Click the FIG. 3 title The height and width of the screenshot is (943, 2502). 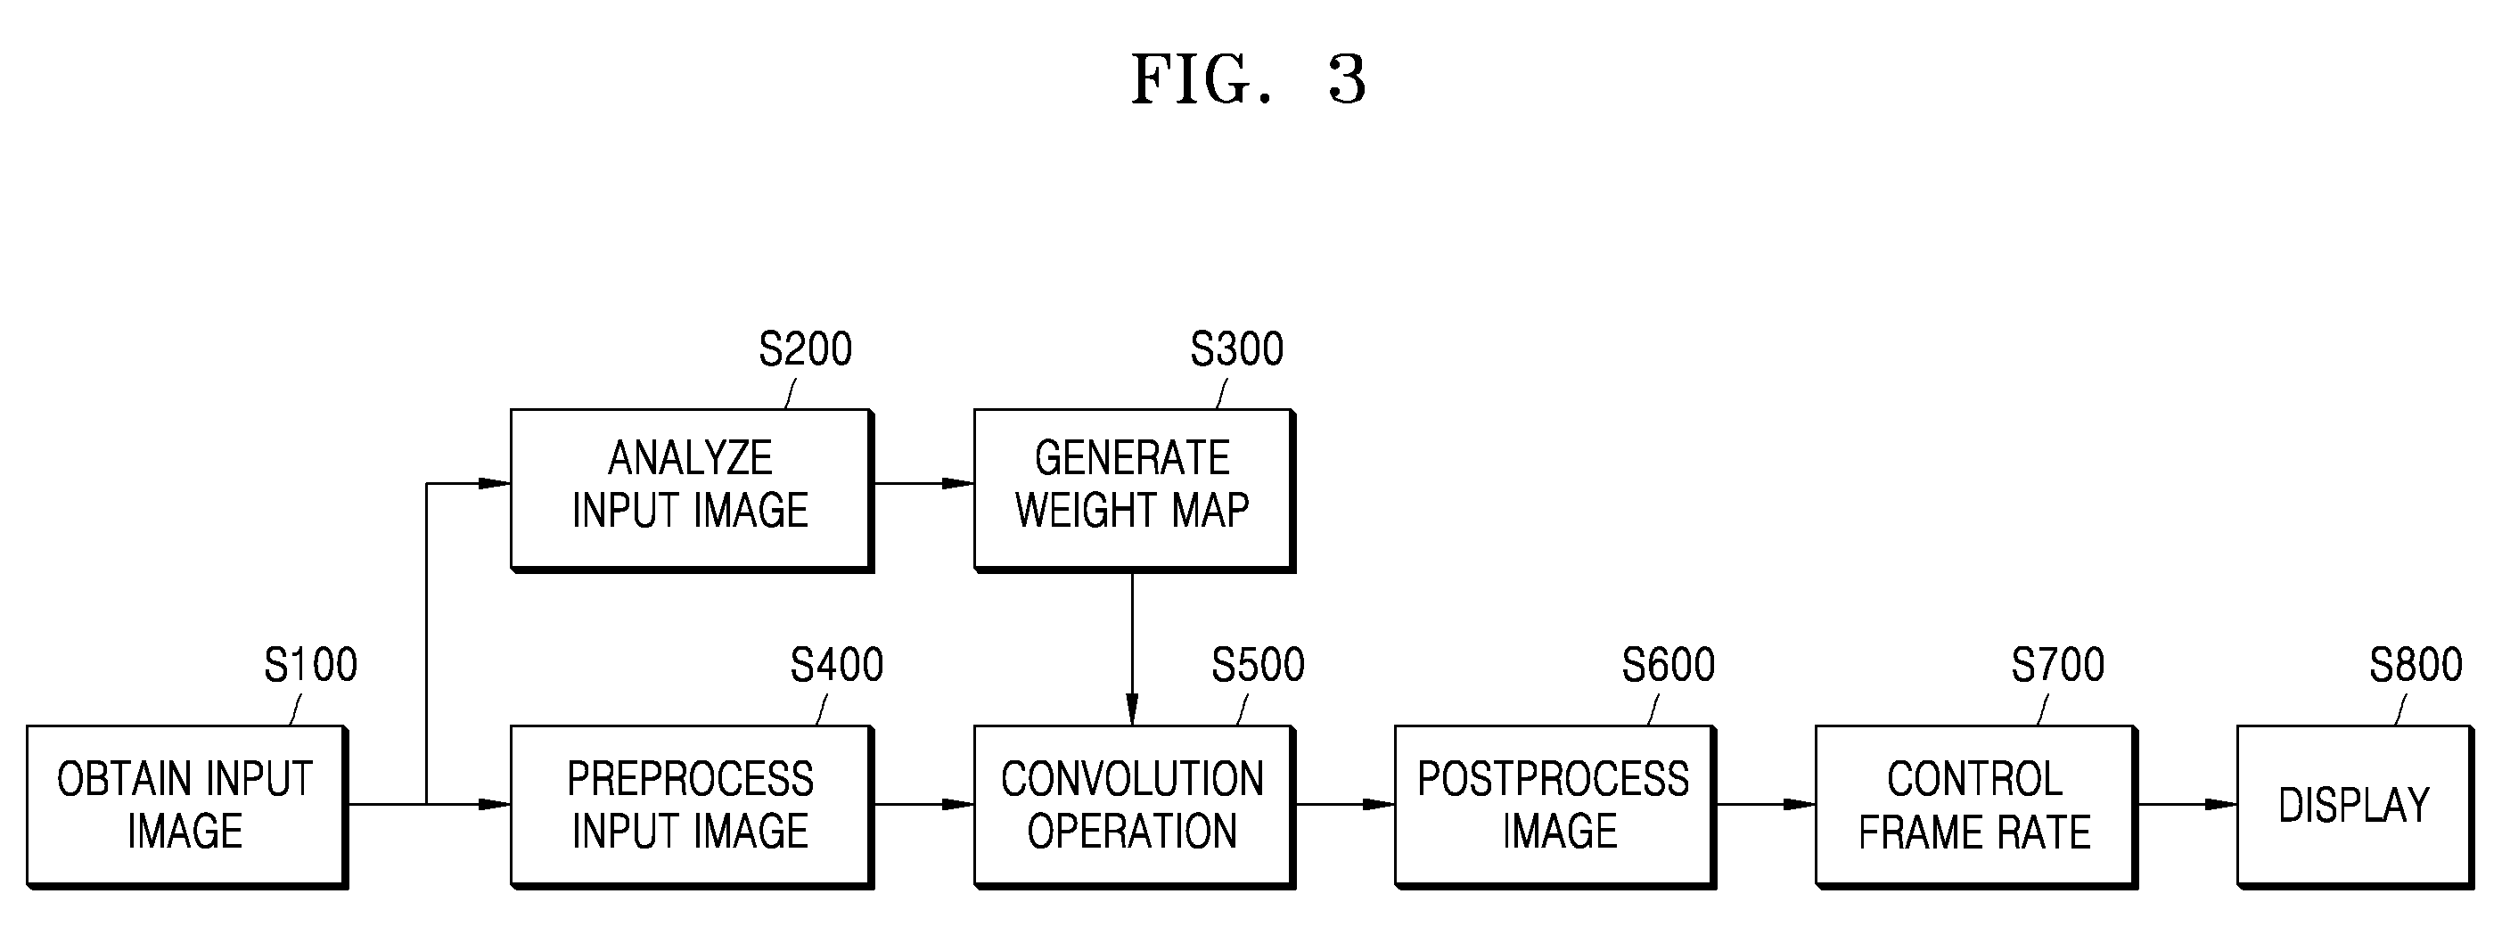coord(1249,78)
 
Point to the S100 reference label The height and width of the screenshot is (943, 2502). coord(311,665)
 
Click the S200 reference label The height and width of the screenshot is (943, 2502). coord(805,348)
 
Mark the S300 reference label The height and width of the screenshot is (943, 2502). coord(1237,348)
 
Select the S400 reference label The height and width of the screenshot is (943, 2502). coord(837,665)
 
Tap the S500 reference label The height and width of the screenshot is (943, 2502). coord(1258,665)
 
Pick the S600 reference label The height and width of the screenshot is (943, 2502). coord(1669,665)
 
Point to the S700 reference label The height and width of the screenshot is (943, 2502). coord(2058,665)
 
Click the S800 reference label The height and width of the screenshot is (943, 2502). coord(2416,665)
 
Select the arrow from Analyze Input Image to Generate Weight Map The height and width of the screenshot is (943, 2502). coord(923,483)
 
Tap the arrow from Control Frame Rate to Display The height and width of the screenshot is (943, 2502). coord(2187,804)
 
